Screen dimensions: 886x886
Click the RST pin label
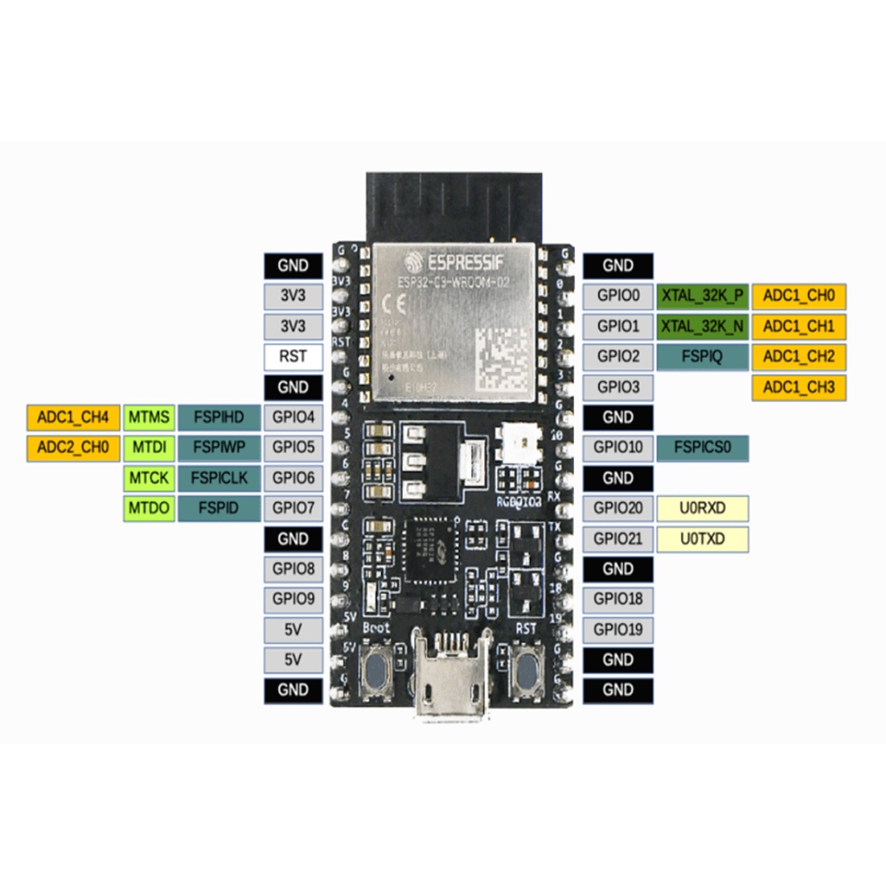pos(292,357)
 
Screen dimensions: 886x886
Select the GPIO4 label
pos(292,417)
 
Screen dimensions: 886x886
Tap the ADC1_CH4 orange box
pos(74,417)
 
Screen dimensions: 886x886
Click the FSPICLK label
pos(219,478)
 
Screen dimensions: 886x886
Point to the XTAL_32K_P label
pos(703,296)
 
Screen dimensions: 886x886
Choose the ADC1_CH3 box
pos(798,387)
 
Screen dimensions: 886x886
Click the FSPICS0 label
pos(703,447)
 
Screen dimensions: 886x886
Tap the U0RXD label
pos(703,509)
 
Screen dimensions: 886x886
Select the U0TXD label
pos(703,539)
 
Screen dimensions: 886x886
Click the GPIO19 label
pos(618,630)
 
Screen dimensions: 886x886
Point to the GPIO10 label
pos(618,447)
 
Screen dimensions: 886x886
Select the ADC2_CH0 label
pos(74,447)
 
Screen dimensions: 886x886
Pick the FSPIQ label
pos(703,357)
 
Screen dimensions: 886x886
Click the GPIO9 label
pos(292,600)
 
